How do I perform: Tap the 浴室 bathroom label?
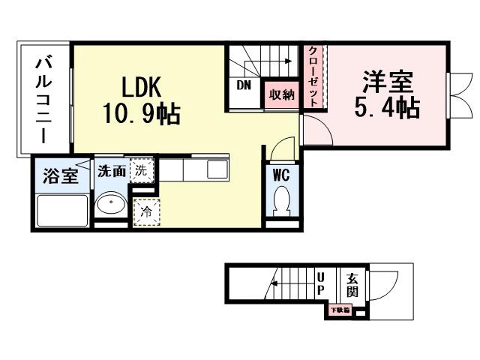(x=61, y=177)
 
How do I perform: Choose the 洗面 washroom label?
(x=112, y=171)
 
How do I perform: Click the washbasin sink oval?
(x=112, y=205)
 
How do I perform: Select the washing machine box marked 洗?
(x=142, y=170)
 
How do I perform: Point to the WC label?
(x=282, y=175)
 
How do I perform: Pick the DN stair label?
(x=244, y=85)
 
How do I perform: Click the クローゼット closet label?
(x=313, y=76)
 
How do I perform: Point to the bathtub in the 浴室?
(x=61, y=210)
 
